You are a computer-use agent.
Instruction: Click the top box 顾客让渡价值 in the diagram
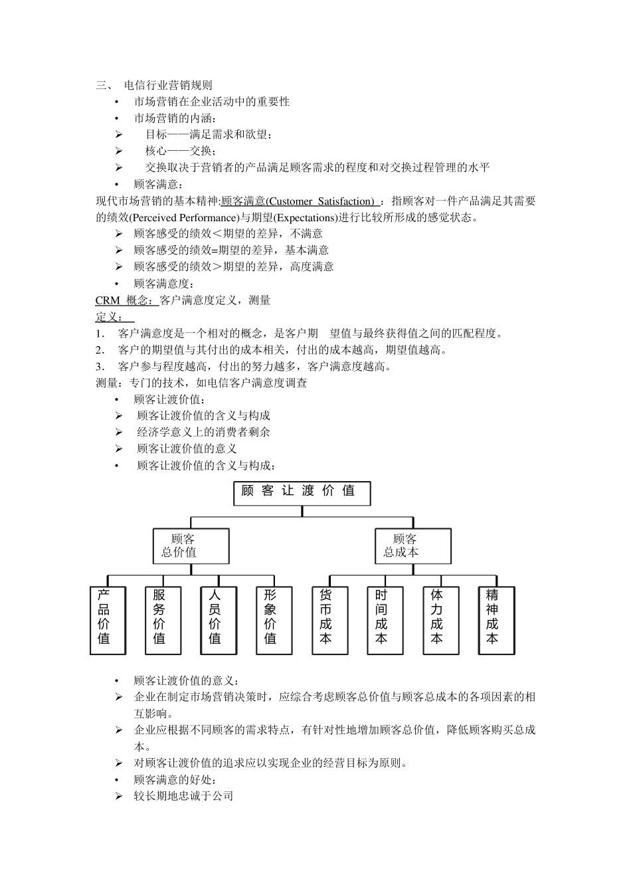pyautogui.click(x=302, y=492)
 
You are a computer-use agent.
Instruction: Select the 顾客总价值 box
pyautogui.click(x=191, y=546)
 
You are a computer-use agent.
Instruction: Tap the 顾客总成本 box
pyautogui.click(x=412, y=546)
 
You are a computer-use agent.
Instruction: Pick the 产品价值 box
pyautogui.click(x=108, y=619)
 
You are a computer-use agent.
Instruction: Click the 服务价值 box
pyautogui.click(x=163, y=619)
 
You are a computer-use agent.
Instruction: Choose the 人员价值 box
pyautogui.click(x=219, y=619)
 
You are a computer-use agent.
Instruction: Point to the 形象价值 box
pyautogui.click(x=274, y=619)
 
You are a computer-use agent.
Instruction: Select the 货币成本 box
pyautogui.click(x=329, y=619)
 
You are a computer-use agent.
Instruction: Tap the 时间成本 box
pyautogui.click(x=385, y=619)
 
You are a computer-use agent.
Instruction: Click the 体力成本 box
pyautogui.click(x=440, y=619)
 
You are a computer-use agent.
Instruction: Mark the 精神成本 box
pyautogui.click(x=496, y=619)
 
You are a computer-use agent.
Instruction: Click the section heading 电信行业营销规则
pyautogui.click(x=168, y=85)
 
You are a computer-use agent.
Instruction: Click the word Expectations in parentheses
pyautogui.click(x=304, y=218)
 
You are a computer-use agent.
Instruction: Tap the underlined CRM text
pyautogui.click(x=108, y=300)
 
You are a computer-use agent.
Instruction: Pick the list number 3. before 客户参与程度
pyautogui.click(x=100, y=367)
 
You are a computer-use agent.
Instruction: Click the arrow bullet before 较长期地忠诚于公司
pyautogui.click(x=119, y=796)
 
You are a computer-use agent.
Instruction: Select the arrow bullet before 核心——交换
pyautogui.click(x=119, y=151)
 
